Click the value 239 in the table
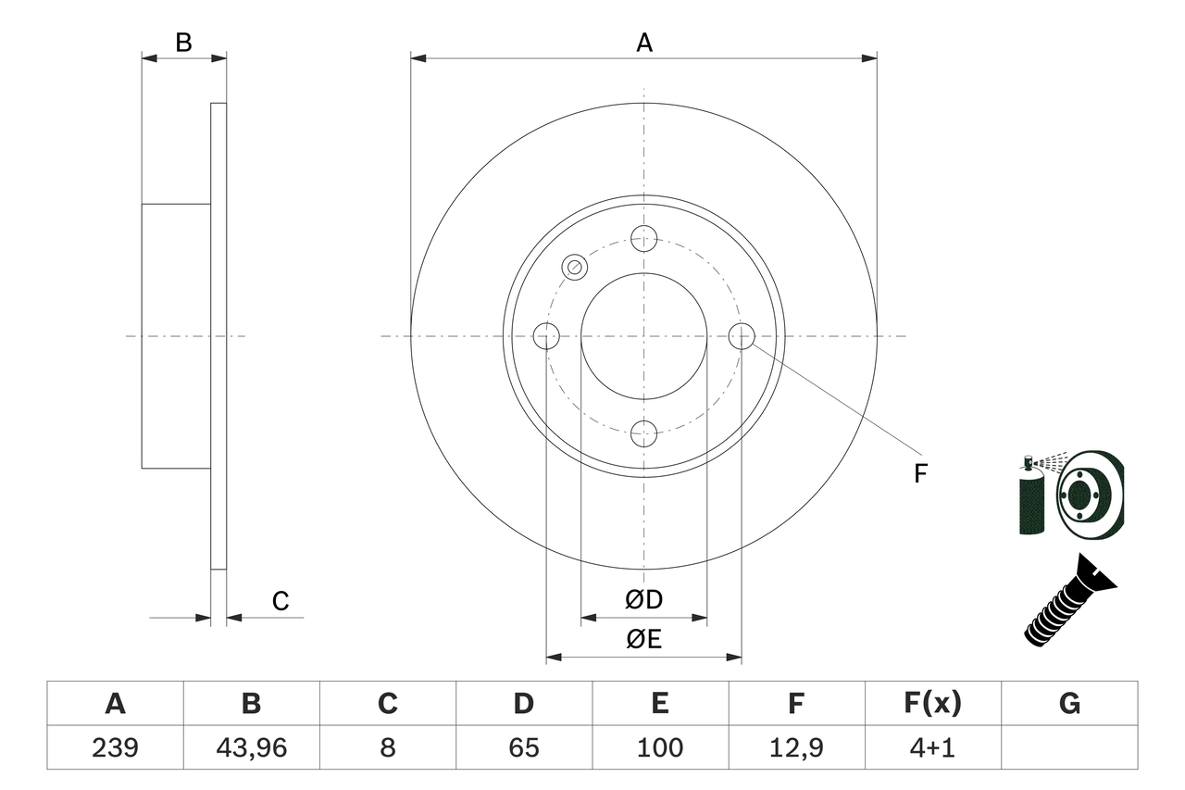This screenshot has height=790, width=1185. [x=115, y=747]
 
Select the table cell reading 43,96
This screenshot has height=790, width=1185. [x=251, y=747]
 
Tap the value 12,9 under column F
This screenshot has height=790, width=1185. [x=795, y=747]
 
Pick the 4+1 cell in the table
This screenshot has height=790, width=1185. [x=932, y=747]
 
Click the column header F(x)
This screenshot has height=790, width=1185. [x=932, y=704]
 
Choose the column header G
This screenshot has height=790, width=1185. [x=1069, y=704]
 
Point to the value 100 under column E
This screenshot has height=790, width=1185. [x=659, y=747]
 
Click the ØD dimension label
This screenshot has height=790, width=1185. [x=644, y=600]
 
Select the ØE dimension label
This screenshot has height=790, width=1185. [x=644, y=639]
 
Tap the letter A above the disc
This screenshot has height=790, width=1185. [x=644, y=43]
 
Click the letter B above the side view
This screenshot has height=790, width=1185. [x=184, y=43]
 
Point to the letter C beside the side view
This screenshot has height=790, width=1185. [x=281, y=601]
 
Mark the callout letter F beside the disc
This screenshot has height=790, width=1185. [x=920, y=473]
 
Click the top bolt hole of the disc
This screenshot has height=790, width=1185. [x=643, y=238]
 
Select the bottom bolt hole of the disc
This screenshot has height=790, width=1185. [x=643, y=433]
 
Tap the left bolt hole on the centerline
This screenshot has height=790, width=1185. [x=547, y=336]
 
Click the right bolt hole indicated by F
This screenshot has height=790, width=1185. [x=742, y=336]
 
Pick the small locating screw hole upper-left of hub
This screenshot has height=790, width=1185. [x=575, y=268]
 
